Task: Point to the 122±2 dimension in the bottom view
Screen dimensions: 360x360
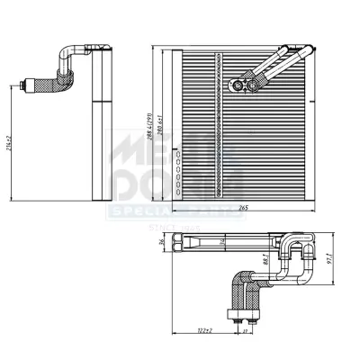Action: [204, 332]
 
